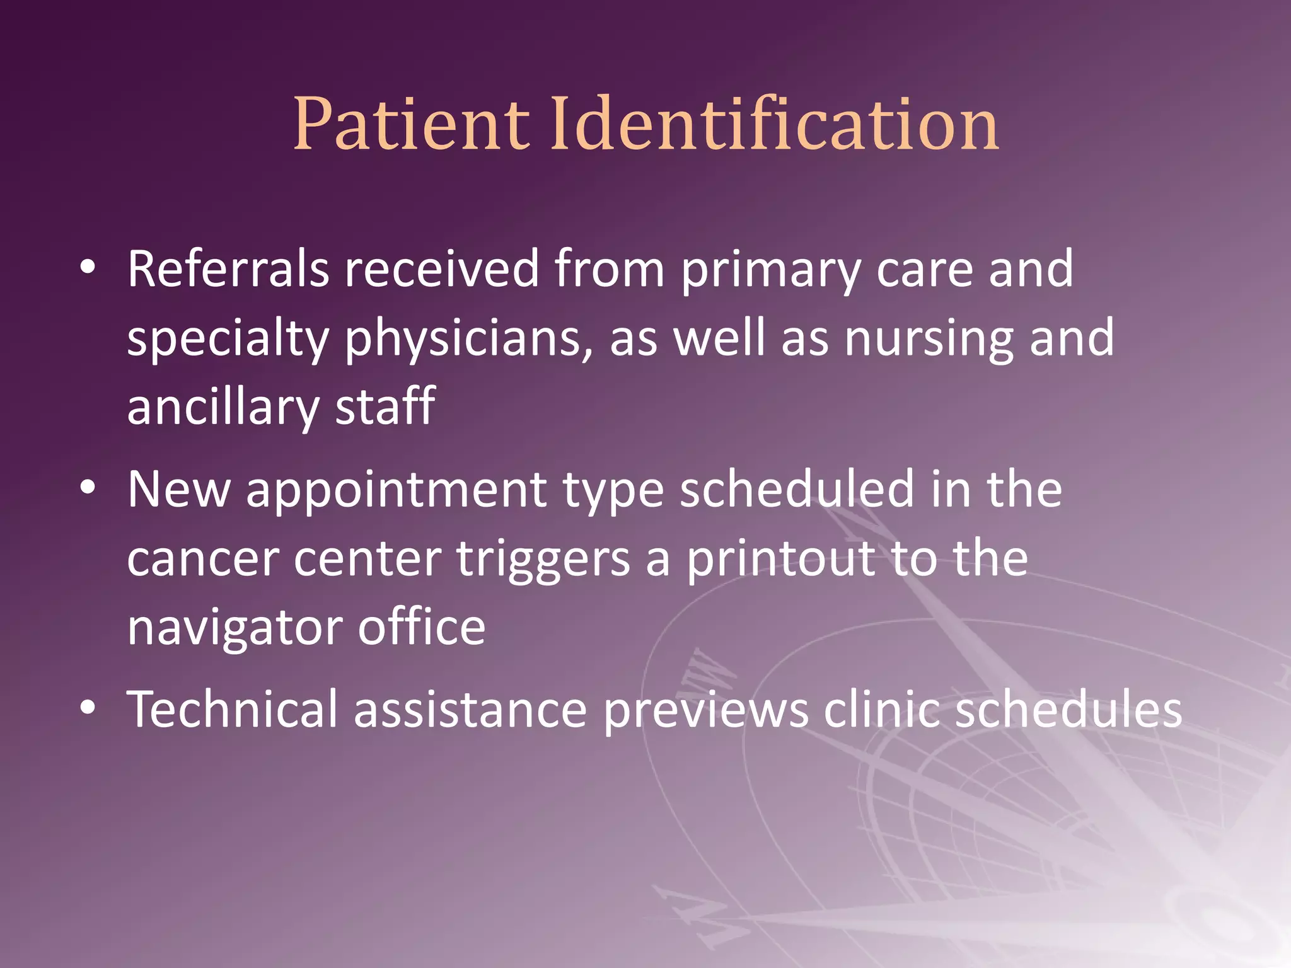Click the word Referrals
228,269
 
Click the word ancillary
223,407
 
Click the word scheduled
797,490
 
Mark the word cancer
203,560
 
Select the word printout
781,560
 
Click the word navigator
234,629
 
